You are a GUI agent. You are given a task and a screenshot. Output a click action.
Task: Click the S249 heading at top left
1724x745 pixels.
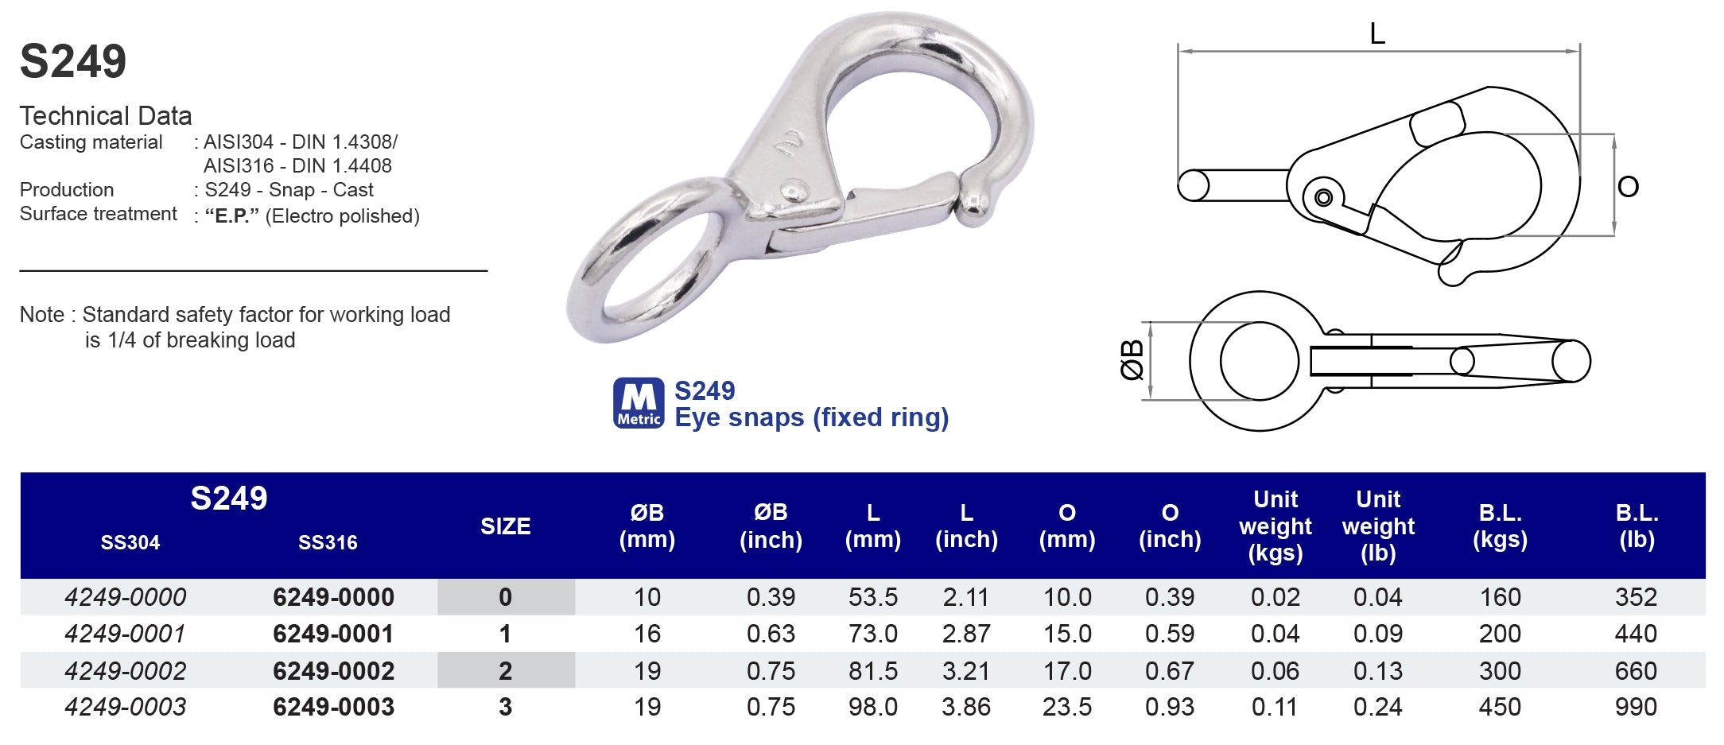coord(73,61)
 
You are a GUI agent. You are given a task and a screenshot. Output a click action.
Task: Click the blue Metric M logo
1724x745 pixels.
coord(638,403)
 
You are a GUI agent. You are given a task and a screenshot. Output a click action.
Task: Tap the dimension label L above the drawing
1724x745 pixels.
coord(1377,33)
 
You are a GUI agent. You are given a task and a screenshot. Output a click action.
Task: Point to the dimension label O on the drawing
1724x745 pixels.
coord(1628,187)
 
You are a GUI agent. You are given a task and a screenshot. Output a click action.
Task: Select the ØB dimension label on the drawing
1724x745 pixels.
coord(1132,360)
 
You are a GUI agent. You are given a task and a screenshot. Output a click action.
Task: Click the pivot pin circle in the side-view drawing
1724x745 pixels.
coord(1323,196)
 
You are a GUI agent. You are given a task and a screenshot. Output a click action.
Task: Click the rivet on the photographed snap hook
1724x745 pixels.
coord(794,190)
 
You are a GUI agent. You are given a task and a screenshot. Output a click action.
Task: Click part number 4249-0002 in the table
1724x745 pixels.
coord(126,670)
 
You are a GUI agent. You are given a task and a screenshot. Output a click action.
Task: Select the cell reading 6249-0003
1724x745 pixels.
coord(333,707)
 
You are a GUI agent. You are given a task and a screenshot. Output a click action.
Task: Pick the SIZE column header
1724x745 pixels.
coord(505,526)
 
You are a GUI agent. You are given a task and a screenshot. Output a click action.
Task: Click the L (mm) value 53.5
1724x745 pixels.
coord(872,597)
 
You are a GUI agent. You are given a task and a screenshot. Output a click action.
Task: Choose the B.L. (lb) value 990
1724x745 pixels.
coord(1635,707)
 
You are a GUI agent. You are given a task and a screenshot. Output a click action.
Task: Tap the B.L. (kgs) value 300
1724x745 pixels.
coord(1499,670)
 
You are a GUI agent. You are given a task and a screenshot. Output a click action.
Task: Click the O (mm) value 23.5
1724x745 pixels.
coord(1066,707)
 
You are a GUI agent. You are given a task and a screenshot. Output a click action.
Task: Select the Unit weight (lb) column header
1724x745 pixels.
coord(1377,526)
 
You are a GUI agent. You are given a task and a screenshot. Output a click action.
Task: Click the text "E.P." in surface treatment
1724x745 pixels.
coord(231,216)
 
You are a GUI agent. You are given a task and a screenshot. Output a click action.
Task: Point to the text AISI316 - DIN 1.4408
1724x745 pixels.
coord(297,165)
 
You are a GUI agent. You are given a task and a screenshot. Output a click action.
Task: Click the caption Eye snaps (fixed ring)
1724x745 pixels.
coord(811,417)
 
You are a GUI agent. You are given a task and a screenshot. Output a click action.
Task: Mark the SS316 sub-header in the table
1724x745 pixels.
coord(328,543)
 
